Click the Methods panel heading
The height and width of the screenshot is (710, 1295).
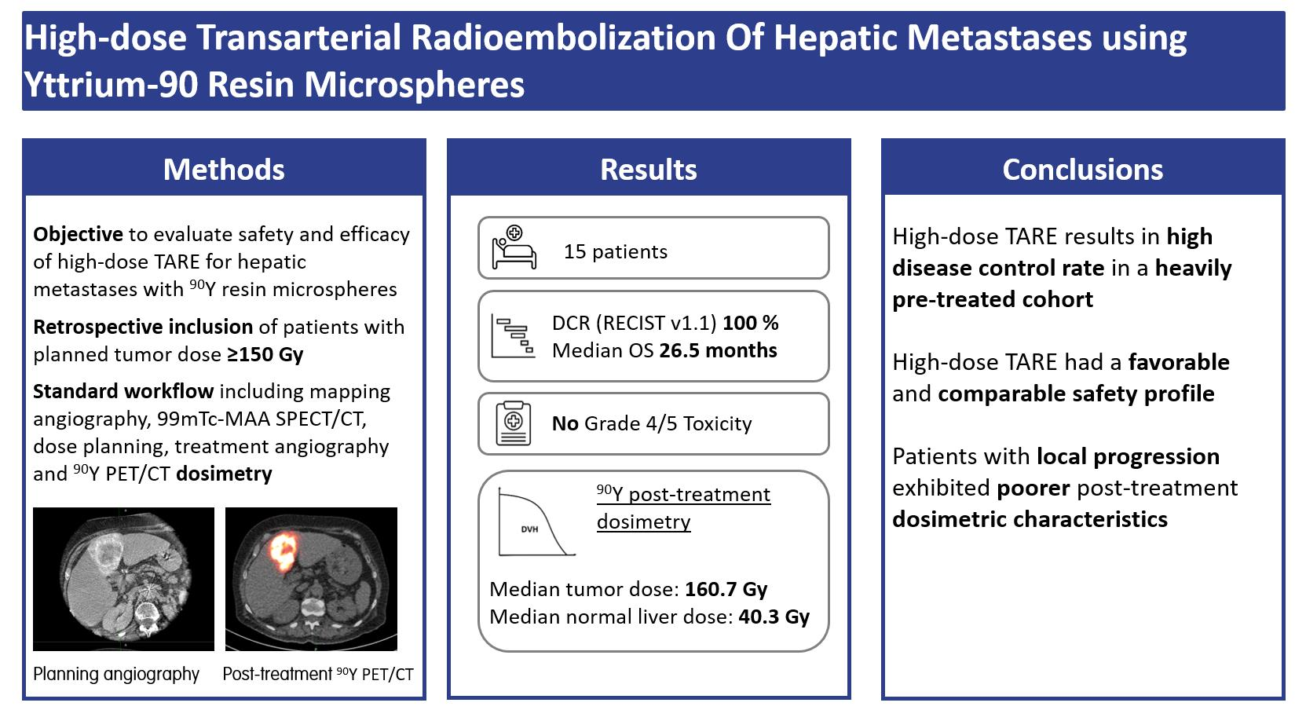[x=224, y=170]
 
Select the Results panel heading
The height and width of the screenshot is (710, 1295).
[x=648, y=170]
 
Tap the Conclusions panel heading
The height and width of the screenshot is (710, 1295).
[x=1082, y=170]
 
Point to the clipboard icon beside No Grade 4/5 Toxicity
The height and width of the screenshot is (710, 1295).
[x=514, y=423]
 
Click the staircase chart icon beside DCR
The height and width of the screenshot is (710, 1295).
[x=513, y=336]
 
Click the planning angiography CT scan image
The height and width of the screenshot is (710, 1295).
[x=123, y=580]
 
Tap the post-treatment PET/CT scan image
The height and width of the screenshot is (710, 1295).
[x=311, y=580]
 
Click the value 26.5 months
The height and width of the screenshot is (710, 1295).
[x=718, y=350]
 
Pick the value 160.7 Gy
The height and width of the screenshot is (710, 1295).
[x=726, y=589]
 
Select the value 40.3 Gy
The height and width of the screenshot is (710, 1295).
[x=774, y=617]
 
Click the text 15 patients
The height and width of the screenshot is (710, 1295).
[x=615, y=252]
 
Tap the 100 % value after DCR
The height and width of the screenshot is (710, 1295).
[x=750, y=323]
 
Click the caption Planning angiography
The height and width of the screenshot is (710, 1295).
[x=116, y=674]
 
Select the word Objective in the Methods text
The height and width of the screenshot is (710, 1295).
[x=78, y=234]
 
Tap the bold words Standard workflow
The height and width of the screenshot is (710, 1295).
[x=123, y=391]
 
